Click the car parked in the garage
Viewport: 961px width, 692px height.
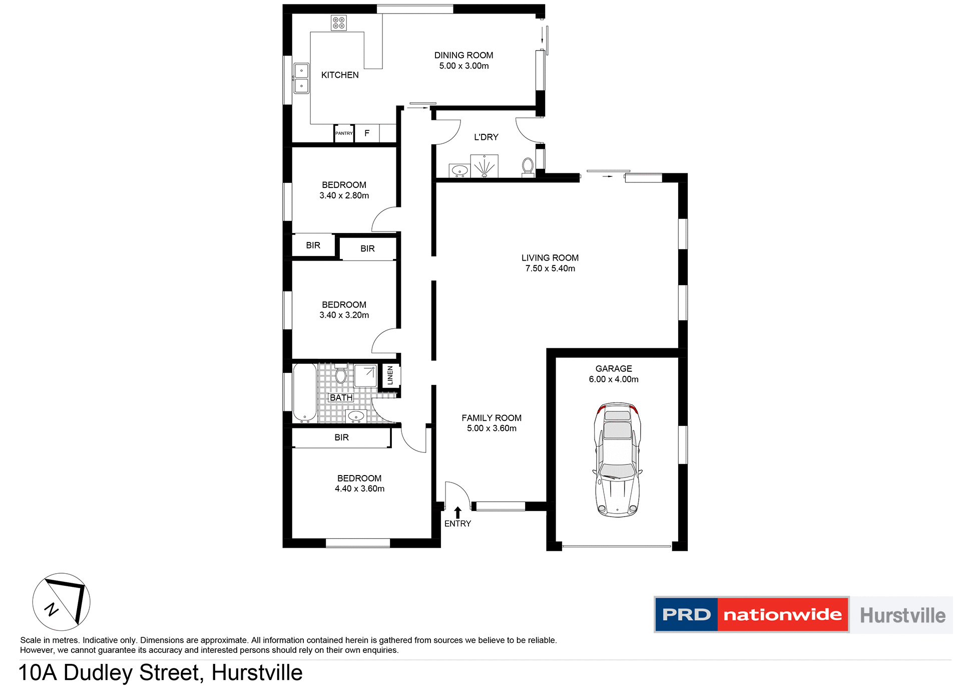(617, 459)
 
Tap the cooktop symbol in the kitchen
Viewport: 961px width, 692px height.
(339, 23)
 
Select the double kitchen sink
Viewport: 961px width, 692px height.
(301, 78)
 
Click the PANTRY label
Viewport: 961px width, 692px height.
(344, 133)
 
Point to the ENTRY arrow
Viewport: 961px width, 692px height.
(457, 512)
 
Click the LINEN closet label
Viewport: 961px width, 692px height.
(390, 375)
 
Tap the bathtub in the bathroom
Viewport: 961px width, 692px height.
(304, 393)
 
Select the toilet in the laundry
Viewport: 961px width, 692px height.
(528, 166)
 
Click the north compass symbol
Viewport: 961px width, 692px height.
(62, 602)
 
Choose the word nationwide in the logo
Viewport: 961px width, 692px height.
(782, 615)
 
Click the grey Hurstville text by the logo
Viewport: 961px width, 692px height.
(902, 615)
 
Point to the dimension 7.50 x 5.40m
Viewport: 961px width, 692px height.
(550, 269)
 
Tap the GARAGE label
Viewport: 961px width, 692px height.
(614, 368)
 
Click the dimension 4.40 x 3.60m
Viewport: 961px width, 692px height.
(359, 489)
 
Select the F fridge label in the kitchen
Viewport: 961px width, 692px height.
(367, 133)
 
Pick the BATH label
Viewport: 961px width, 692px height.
(341, 397)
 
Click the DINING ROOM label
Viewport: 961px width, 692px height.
(463, 55)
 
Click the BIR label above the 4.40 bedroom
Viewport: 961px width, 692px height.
(341, 437)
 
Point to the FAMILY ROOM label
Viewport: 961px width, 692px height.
(492, 418)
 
